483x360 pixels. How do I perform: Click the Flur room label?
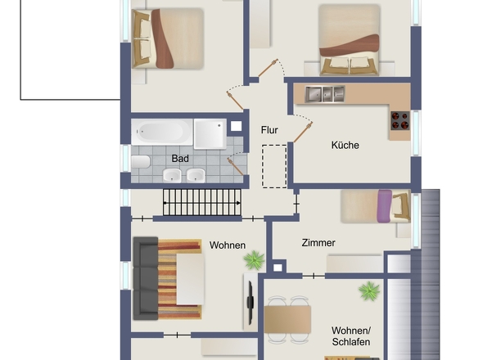tap(269, 130)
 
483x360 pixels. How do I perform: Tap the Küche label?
tap(345, 145)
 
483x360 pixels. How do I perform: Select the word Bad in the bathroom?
tap(180, 159)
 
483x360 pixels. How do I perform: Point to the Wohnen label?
tap(228, 245)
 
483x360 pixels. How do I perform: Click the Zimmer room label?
tap(318, 243)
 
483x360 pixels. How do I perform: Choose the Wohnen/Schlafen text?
tap(351, 336)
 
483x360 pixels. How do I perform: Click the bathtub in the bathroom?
tap(162, 132)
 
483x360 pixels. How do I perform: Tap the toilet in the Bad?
tap(141, 162)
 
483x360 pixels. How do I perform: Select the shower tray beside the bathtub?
tap(210, 134)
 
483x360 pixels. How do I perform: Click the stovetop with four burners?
tap(400, 121)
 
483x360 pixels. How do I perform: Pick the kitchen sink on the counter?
tap(325, 94)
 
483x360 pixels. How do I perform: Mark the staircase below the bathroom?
tap(201, 202)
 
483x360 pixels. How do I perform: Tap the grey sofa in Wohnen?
tap(146, 278)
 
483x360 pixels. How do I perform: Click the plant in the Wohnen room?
tap(254, 260)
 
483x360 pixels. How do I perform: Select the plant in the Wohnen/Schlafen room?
tap(369, 290)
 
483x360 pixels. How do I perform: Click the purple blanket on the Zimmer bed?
tap(385, 206)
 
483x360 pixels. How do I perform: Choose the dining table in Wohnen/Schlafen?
tap(287, 319)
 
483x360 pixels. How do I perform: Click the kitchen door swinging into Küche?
tap(303, 133)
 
